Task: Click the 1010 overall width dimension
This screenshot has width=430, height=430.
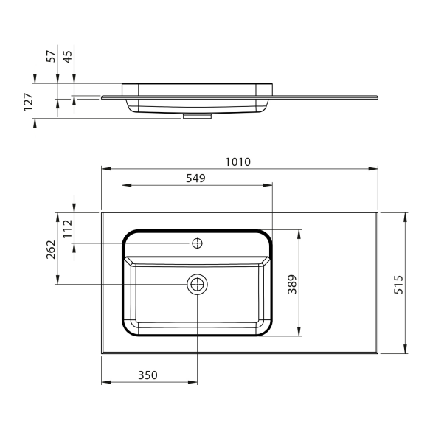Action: [x=237, y=162]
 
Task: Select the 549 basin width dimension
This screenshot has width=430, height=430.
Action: [x=195, y=178]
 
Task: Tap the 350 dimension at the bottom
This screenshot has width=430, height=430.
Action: [x=148, y=375]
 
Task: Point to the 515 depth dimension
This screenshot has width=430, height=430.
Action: [x=399, y=285]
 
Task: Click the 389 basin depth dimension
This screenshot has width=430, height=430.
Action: [x=292, y=284]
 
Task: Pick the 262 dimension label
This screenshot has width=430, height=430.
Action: [x=51, y=249]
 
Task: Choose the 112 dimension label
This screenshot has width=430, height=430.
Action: [x=67, y=229]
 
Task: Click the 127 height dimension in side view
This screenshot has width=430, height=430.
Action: [x=28, y=102]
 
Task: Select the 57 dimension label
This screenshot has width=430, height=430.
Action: [x=51, y=57]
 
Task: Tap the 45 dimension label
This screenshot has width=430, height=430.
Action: [x=67, y=57]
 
